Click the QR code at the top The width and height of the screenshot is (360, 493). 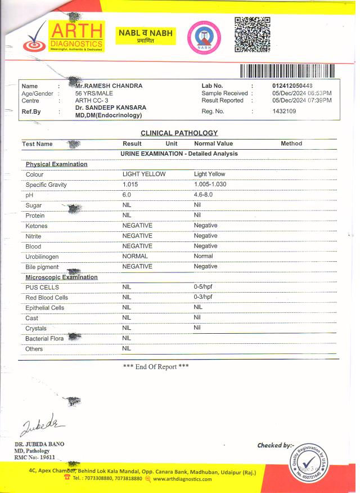pyautogui.click(x=252, y=34)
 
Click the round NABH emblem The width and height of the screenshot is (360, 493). pyautogui.click(x=201, y=38)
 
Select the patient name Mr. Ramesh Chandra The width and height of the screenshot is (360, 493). pyautogui.click(x=109, y=86)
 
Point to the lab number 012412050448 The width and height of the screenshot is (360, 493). pyautogui.click(x=292, y=86)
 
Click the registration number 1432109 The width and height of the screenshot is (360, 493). pyautogui.click(x=284, y=111)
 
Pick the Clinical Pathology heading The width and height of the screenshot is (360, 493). pyautogui.click(x=179, y=133)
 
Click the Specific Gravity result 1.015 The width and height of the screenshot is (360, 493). pyautogui.click(x=130, y=185)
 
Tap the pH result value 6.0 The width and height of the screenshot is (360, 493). pyautogui.click(x=127, y=195)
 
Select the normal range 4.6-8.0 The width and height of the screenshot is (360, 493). pyautogui.click(x=203, y=195)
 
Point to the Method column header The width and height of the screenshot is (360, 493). pyautogui.click(x=291, y=144)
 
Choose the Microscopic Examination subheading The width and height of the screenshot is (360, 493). pyautogui.click(x=62, y=277)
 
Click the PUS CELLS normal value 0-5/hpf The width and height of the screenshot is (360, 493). pyautogui.click(x=203, y=287)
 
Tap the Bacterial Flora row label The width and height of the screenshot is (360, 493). pyautogui.click(x=44, y=339)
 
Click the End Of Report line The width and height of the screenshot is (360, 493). pyautogui.click(x=156, y=366)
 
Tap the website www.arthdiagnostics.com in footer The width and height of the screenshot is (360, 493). pyautogui.click(x=182, y=479)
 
